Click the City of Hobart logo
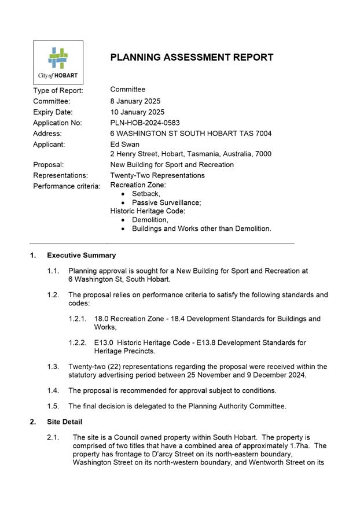[58, 62]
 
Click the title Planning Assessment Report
[192, 57]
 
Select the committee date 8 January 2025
[135, 101]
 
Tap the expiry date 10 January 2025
[137, 112]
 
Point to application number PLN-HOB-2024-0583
[145, 123]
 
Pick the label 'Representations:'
[61, 175]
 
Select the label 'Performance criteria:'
[67, 186]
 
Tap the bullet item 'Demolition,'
[150, 220]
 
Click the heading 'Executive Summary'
[81, 255]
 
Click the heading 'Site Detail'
[64, 422]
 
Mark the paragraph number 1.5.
[53, 406]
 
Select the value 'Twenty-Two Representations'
[157, 175]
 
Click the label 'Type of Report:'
[58, 91]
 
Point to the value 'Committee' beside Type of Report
[128, 90]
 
